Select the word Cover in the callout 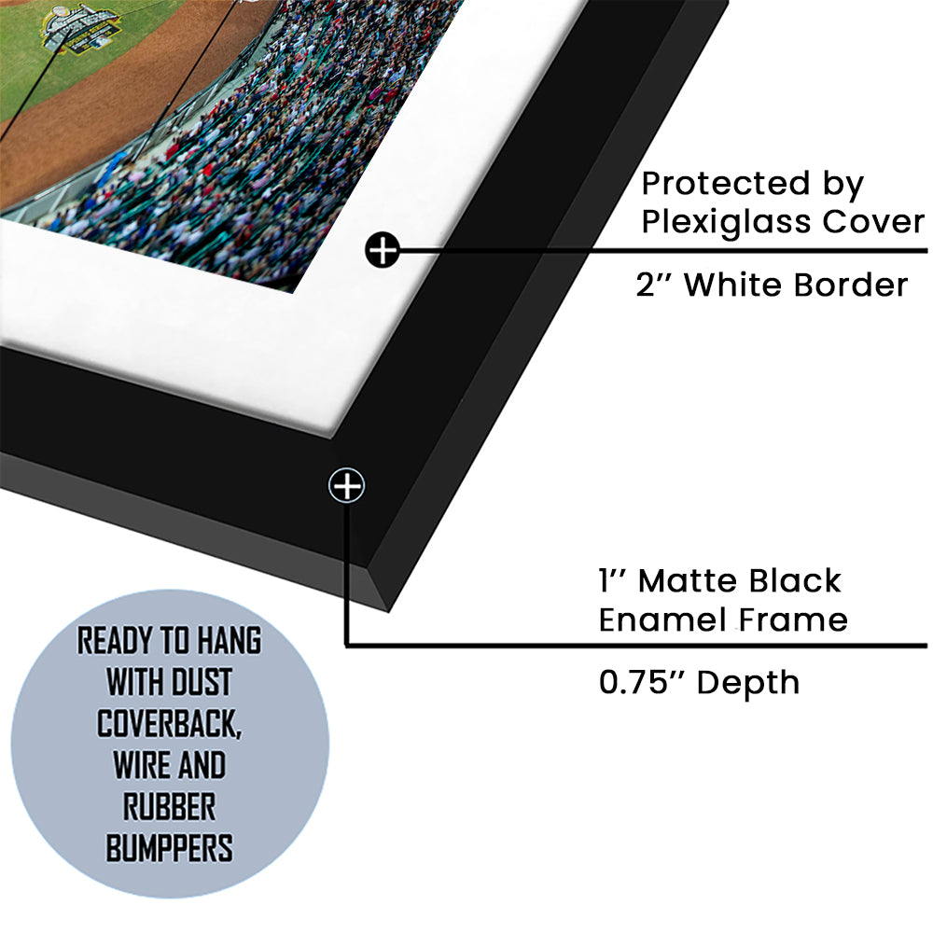pyautogui.click(x=873, y=221)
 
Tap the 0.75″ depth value pyautogui.click(x=642, y=682)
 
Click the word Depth pyautogui.click(x=748, y=683)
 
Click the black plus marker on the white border pyautogui.click(x=382, y=250)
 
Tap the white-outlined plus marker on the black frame pyautogui.click(x=347, y=485)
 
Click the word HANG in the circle pyautogui.click(x=230, y=641)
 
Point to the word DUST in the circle pyautogui.click(x=202, y=682)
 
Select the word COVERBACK pyautogui.click(x=169, y=724)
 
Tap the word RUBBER pyautogui.click(x=170, y=806)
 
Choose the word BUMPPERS pyautogui.click(x=170, y=848)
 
